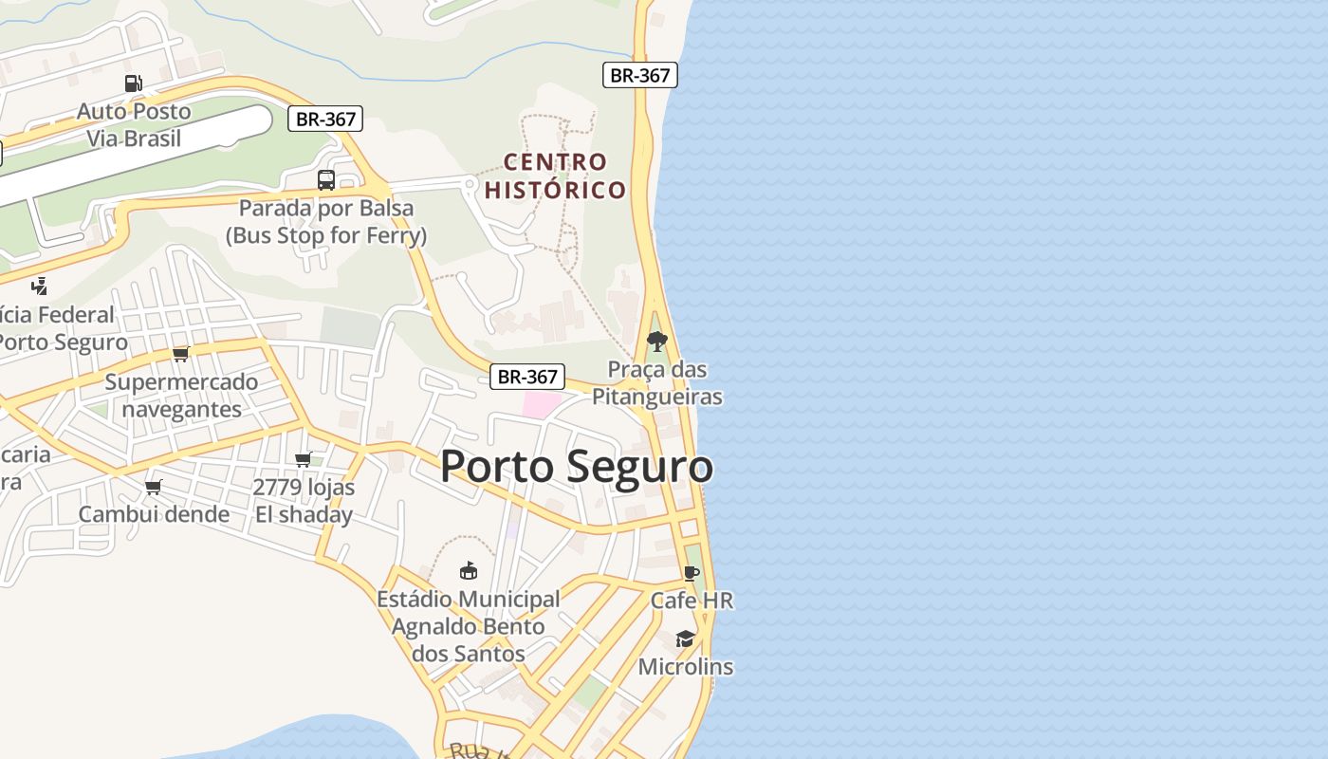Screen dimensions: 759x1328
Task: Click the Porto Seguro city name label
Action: point(576,467)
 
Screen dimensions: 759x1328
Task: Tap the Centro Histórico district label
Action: point(555,176)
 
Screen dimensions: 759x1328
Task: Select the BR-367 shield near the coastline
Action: point(639,76)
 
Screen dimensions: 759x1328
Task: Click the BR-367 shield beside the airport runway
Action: point(325,119)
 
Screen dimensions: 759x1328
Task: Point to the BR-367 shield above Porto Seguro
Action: point(527,377)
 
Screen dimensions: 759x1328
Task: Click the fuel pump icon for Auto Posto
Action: point(134,83)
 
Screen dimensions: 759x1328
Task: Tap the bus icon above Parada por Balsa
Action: point(325,179)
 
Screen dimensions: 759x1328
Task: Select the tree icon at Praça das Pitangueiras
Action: point(656,342)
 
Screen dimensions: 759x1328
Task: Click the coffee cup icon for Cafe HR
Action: point(691,573)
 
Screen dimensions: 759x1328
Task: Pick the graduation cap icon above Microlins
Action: point(685,639)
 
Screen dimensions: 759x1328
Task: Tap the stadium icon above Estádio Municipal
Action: point(468,570)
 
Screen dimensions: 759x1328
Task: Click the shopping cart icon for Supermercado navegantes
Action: point(180,354)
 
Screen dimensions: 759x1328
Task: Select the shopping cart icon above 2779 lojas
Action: point(304,460)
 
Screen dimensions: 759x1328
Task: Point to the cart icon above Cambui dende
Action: point(153,488)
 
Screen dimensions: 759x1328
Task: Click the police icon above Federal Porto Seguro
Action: point(39,286)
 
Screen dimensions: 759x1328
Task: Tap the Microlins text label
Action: point(685,667)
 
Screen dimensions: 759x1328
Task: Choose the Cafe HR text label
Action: point(692,601)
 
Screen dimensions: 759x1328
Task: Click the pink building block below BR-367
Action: point(542,405)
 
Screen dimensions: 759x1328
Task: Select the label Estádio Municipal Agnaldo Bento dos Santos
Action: point(468,626)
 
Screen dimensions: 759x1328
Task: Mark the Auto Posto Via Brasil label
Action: point(134,124)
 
